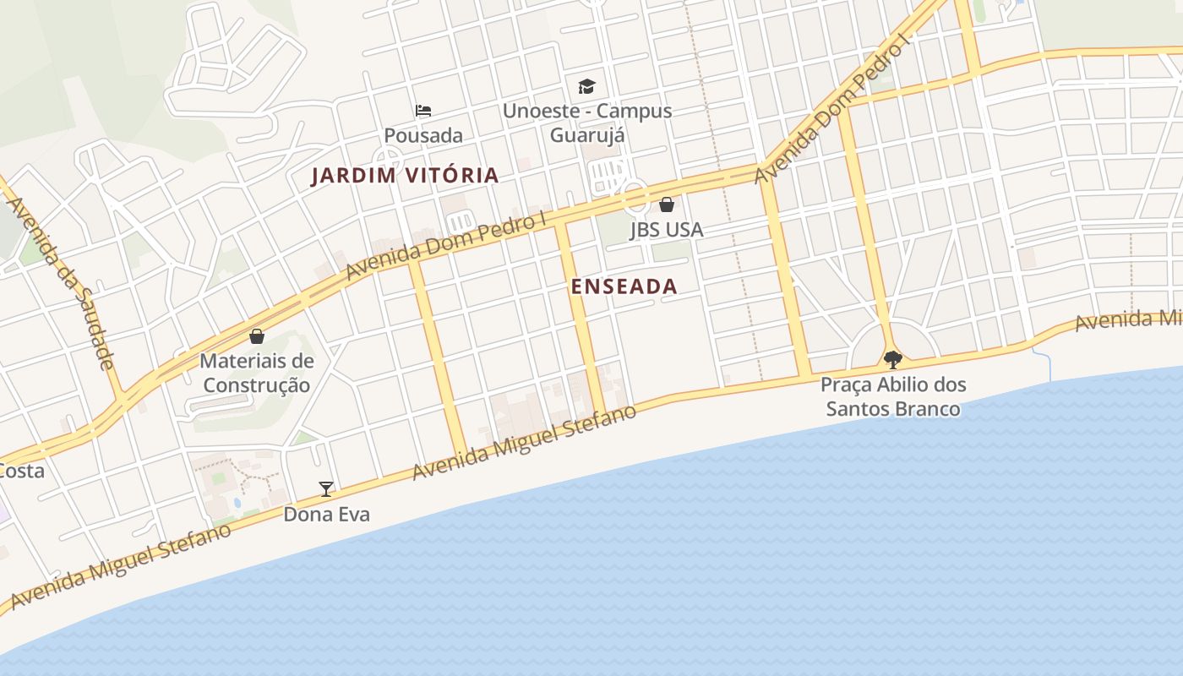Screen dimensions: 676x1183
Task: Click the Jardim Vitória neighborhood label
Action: (405, 176)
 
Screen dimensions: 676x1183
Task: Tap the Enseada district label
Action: (624, 286)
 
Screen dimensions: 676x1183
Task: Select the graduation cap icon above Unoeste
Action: (586, 86)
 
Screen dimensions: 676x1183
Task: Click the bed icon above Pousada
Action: (423, 111)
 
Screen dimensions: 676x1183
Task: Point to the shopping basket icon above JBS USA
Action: (667, 204)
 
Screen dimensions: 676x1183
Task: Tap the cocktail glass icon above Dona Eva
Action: (326, 488)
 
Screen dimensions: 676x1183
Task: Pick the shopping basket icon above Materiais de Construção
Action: (257, 336)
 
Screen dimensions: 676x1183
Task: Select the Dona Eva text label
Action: (326, 514)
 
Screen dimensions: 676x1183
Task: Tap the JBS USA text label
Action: (667, 230)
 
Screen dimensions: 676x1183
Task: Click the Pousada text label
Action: (423, 135)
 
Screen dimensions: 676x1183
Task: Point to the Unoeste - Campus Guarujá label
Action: (587, 123)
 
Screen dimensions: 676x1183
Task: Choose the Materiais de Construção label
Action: (257, 373)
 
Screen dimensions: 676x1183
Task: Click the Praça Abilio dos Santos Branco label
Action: (892, 397)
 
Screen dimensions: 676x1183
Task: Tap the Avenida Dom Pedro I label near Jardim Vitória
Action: (445, 246)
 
